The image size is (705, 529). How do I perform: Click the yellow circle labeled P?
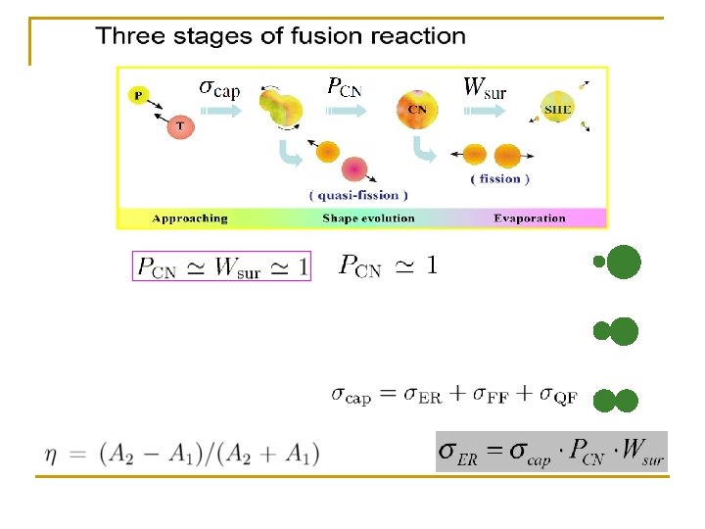tap(139, 95)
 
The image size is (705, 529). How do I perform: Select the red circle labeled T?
tap(179, 125)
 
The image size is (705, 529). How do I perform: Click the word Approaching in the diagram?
tap(191, 218)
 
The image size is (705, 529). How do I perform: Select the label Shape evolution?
tap(368, 218)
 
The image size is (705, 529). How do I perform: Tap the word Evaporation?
tap(529, 218)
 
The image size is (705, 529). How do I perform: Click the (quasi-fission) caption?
tap(358, 194)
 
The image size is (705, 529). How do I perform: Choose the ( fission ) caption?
tap(499, 179)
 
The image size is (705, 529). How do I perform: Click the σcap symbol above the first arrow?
tap(219, 88)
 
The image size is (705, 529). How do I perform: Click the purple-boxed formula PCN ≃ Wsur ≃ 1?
tap(221, 266)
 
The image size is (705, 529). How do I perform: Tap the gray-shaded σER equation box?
tap(551, 452)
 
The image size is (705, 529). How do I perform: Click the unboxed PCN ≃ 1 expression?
tap(388, 266)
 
